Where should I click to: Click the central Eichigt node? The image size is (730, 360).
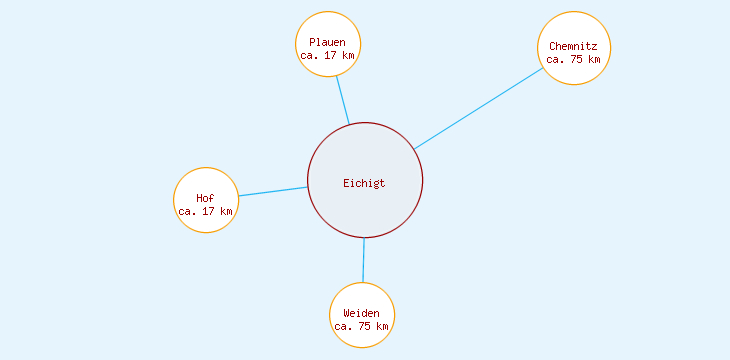[x=365, y=181]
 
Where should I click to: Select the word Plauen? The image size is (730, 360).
[x=327, y=42]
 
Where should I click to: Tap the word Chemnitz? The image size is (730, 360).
[x=573, y=46]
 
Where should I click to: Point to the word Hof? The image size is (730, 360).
[x=205, y=198]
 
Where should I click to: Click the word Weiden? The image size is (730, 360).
[x=361, y=313]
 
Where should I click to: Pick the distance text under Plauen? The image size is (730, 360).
[x=327, y=55]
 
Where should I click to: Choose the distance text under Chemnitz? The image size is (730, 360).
[x=573, y=59]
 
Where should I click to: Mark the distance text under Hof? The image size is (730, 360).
[x=205, y=211]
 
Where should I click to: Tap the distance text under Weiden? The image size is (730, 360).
[x=361, y=326]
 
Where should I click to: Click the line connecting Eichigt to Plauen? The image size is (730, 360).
[x=342, y=100]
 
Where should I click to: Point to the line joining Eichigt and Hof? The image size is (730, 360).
[x=272, y=191]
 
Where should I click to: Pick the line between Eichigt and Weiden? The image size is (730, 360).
[x=363, y=260]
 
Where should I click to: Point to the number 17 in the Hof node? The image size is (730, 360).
[x=208, y=211]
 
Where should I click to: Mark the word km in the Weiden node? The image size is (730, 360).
[x=381, y=326]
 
